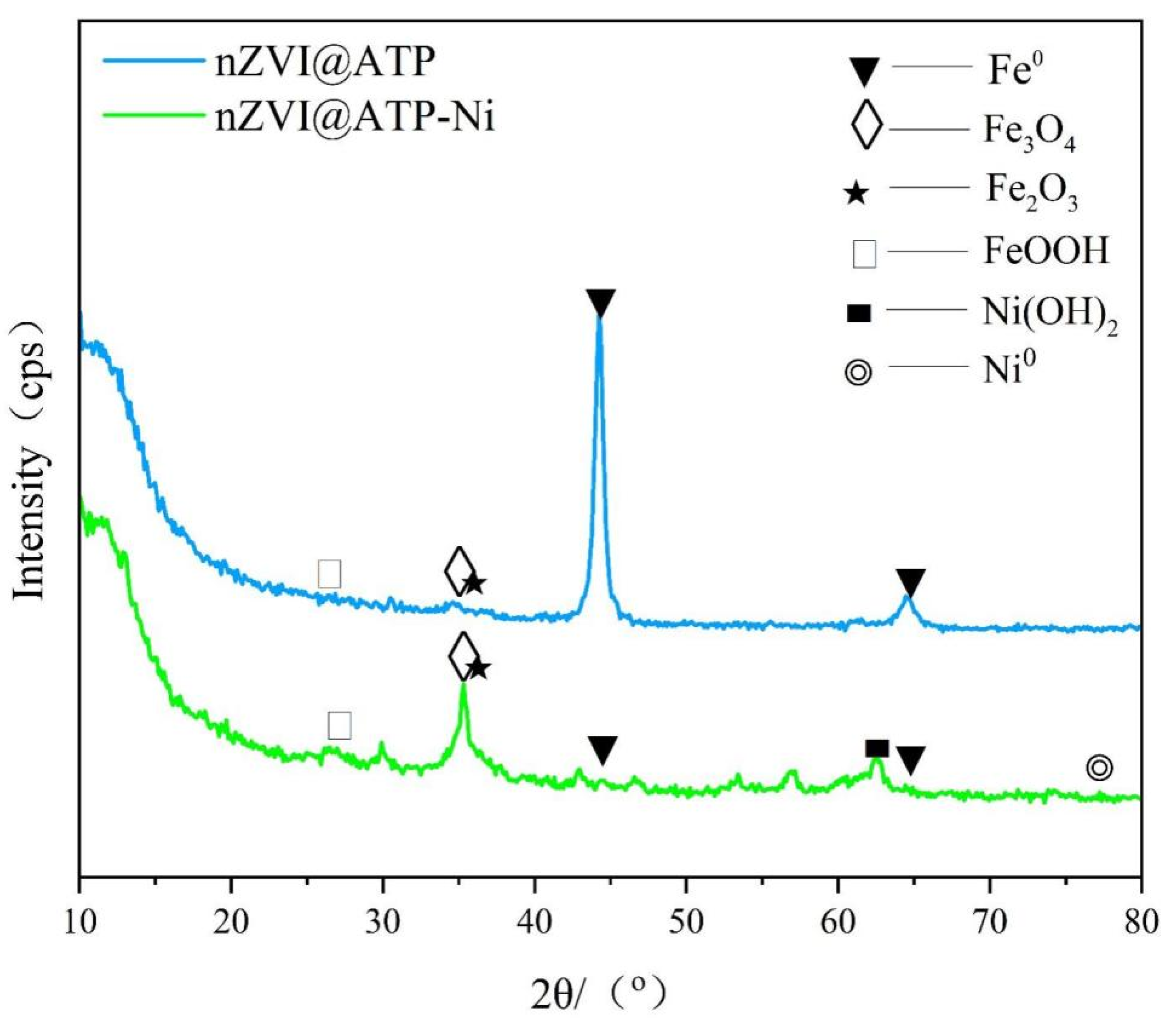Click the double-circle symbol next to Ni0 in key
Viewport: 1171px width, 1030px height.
click(x=858, y=372)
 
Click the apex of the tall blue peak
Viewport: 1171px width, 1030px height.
click(x=599, y=319)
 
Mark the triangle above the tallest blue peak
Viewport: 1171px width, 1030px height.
click(x=600, y=301)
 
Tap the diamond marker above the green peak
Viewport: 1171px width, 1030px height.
click(x=464, y=656)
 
